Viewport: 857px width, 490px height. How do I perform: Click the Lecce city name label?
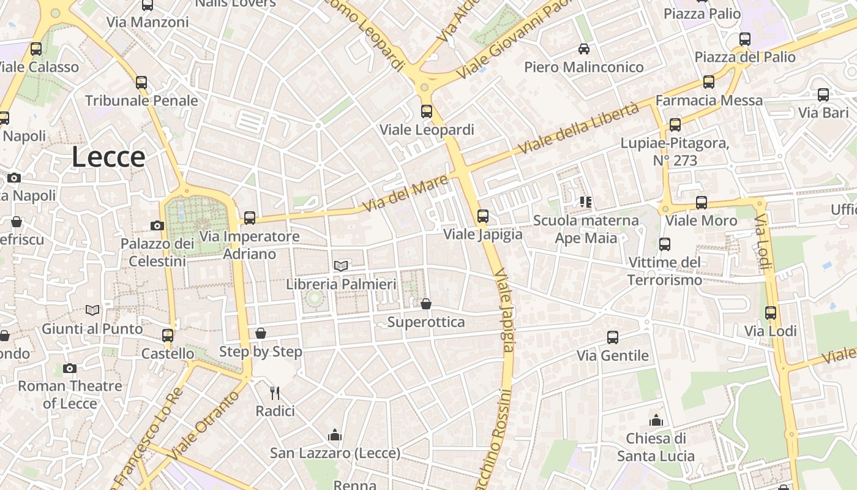click(x=108, y=157)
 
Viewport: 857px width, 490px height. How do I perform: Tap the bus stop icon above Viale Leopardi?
click(x=427, y=111)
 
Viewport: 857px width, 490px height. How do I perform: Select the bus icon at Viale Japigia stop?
click(x=483, y=216)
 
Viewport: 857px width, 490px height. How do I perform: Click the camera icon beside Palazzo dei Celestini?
click(x=157, y=225)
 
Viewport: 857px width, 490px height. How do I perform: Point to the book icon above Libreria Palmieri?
click(x=341, y=266)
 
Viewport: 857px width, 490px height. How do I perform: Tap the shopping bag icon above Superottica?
click(x=426, y=304)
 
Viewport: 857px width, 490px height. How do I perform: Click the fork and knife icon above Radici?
click(x=275, y=393)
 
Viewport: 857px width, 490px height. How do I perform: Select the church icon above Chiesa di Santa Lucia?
click(x=656, y=420)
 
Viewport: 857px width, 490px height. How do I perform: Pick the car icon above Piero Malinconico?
click(x=584, y=48)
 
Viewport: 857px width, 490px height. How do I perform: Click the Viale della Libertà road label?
click(x=578, y=129)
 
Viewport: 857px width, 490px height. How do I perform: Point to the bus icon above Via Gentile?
click(x=613, y=337)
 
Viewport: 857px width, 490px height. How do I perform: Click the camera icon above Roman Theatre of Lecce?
click(x=70, y=368)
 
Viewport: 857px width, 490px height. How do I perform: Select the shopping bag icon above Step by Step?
click(x=261, y=333)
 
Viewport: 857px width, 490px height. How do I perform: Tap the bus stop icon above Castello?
click(x=168, y=335)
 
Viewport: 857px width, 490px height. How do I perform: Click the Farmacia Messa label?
click(x=709, y=100)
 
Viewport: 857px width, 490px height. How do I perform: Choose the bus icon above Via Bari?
click(x=823, y=94)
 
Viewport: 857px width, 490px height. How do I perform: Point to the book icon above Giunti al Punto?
click(x=92, y=311)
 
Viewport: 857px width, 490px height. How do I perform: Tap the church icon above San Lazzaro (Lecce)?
click(x=335, y=435)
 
